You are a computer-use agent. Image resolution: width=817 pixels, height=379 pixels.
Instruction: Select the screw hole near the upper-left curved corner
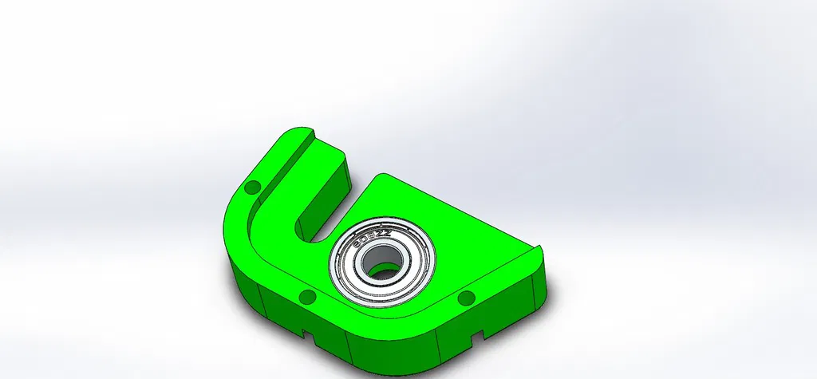point(253,188)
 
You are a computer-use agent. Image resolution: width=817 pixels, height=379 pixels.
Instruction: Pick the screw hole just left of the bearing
point(306,298)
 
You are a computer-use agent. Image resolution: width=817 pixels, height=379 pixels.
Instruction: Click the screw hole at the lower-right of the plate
point(466,299)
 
